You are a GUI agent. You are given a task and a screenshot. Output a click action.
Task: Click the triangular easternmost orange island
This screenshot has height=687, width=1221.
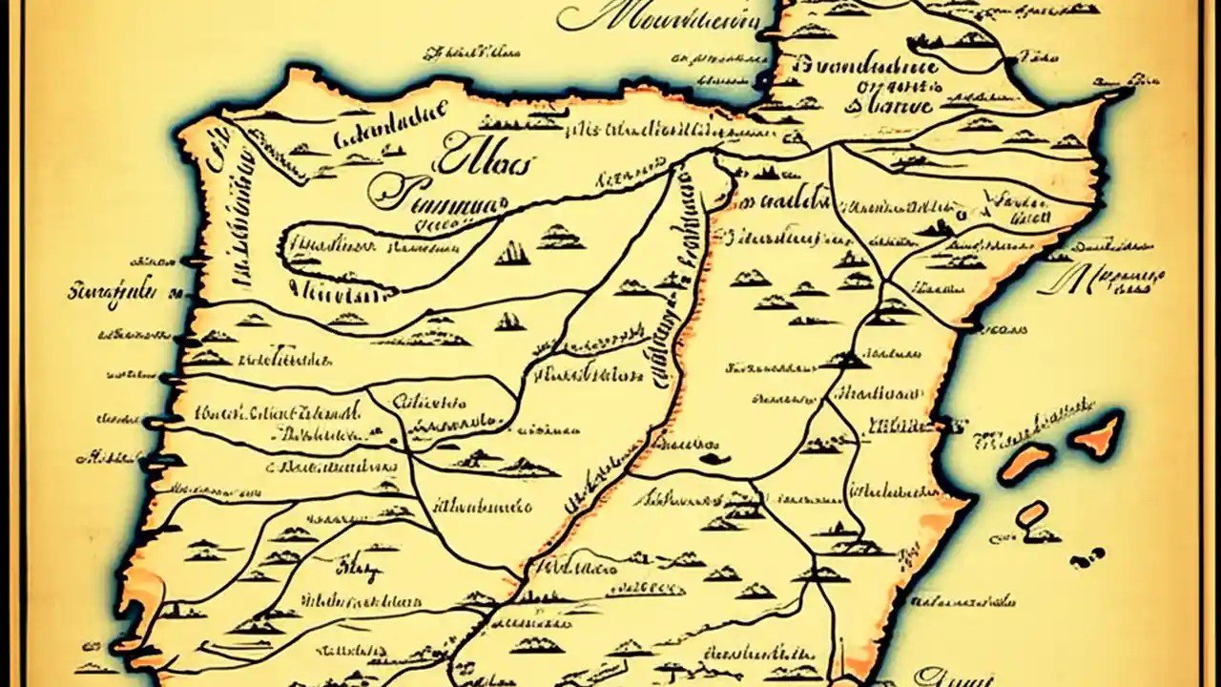(x=1097, y=434)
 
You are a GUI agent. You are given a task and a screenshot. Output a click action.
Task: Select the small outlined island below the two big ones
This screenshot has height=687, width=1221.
(x=1032, y=515)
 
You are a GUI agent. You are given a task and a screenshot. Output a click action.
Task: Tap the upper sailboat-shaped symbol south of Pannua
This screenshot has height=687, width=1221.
(x=513, y=253)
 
